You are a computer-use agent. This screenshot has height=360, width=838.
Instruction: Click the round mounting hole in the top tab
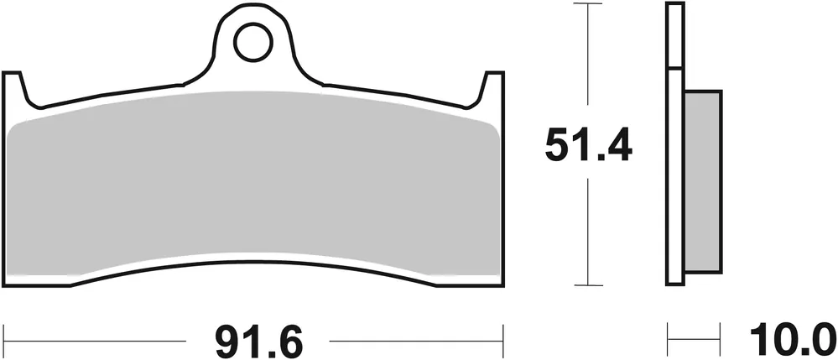point(252,43)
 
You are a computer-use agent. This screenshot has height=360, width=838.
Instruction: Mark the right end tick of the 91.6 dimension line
point(504,341)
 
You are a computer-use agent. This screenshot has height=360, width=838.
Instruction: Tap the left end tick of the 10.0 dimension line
point(669,341)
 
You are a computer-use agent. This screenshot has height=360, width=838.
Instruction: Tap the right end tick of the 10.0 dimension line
point(721,341)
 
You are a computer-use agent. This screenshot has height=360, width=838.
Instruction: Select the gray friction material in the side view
point(703,180)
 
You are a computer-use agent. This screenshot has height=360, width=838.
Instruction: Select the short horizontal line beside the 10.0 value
point(695,341)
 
